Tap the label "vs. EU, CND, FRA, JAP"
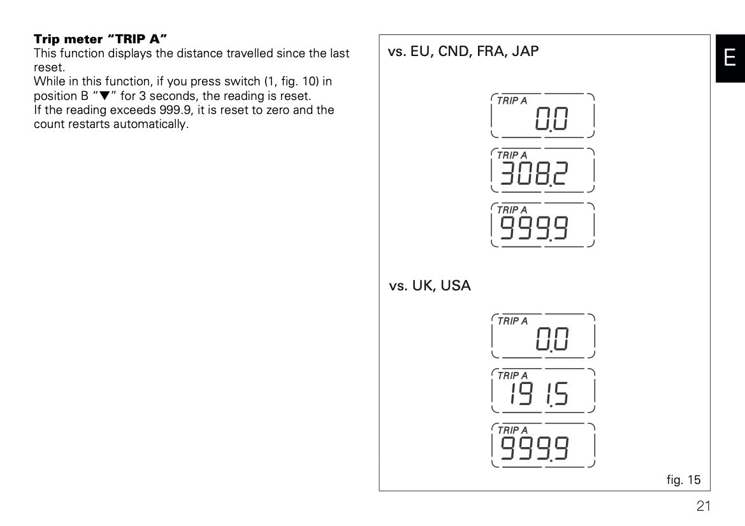point(463,52)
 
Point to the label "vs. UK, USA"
point(430,286)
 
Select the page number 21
point(702,506)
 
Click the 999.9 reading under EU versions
point(534,227)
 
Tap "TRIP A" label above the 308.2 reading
point(512,155)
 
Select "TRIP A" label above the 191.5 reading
point(512,376)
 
